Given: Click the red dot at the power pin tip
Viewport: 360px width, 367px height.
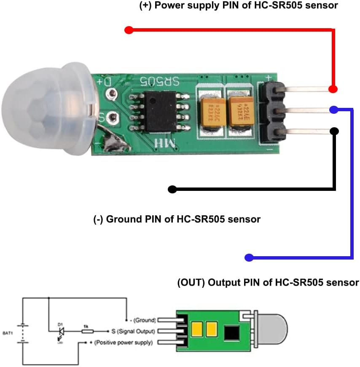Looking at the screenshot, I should pyautogui.click(x=333, y=89).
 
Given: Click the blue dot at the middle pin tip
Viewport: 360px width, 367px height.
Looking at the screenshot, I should pyautogui.click(x=333, y=110).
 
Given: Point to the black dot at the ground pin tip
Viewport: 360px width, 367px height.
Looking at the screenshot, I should pyautogui.click(x=334, y=131).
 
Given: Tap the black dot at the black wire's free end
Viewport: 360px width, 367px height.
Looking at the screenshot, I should pyautogui.click(x=172, y=189).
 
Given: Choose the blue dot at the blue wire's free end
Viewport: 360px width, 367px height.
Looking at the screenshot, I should pyautogui.click(x=249, y=257).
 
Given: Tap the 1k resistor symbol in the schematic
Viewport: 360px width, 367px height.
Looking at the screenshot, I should pyautogui.click(x=86, y=332).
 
